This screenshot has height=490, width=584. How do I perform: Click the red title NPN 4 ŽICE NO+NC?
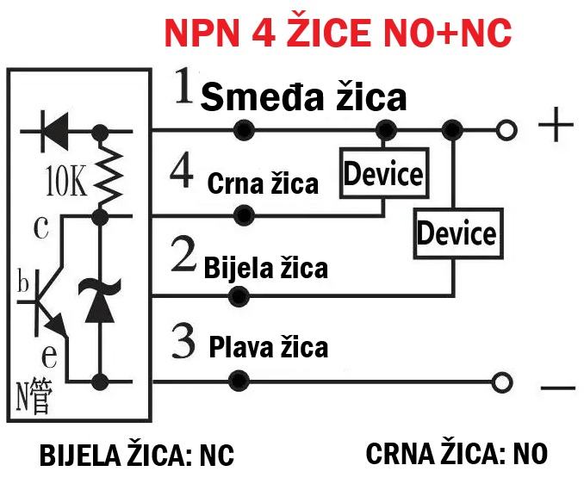point(338,33)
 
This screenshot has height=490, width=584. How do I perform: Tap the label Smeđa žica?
point(303,97)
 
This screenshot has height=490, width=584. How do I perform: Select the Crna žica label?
point(263,183)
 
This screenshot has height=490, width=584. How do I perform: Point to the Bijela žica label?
point(266,267)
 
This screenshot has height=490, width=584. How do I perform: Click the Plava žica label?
point(269,347)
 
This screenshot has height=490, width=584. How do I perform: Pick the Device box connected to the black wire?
point(384,173)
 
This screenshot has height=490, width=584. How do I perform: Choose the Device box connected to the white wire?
point(458,234)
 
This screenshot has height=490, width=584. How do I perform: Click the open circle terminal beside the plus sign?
point(506,130)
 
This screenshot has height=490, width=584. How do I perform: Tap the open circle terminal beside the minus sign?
point(502,382)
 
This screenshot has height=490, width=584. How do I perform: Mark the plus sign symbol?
point(556,124)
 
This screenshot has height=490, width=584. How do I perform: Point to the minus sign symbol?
point(558,388)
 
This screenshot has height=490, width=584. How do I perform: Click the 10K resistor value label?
point(66,182)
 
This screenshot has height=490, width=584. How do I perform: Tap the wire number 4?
point(182,173)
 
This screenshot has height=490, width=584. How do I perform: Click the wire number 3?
point(183,341)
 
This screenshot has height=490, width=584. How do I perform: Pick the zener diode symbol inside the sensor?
point(100,300)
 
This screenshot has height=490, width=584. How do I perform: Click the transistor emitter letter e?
point(49,356)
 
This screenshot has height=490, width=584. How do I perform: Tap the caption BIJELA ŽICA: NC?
point(137,454)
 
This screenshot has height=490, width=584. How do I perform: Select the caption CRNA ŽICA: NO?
point(457,453)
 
